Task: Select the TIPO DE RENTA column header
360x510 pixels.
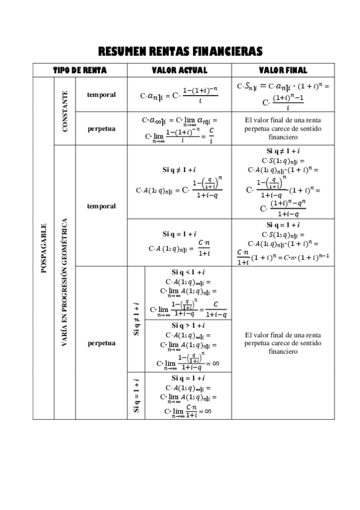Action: (x=80, y=70)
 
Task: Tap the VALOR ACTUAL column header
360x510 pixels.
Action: (x=180, y=70)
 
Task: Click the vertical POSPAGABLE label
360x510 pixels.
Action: (x=43, y=247)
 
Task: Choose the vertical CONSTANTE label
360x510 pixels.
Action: (x=65, y=111)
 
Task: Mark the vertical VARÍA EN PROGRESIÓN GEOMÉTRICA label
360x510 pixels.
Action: (x=65, y=281)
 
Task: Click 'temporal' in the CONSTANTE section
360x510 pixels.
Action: (x=101, y=94)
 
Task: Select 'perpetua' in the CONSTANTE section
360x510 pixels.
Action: (x=101, y=128)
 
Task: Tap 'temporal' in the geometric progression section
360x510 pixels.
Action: (x=101, y=206)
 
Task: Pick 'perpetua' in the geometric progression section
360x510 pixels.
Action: (x=101, y=343)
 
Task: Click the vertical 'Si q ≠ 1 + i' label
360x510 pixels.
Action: (x=136, y=319)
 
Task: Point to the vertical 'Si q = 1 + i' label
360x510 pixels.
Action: (x=136, y=395)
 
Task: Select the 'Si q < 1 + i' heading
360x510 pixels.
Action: (x=188, y=272)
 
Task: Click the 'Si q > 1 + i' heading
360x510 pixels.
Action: (x=188, y=325)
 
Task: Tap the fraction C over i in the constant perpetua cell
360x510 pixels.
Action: (x=211, y=136)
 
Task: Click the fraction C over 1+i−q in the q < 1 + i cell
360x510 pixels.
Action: (x=216, y=309)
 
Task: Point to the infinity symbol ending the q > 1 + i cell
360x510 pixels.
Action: (x=215, y=363)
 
